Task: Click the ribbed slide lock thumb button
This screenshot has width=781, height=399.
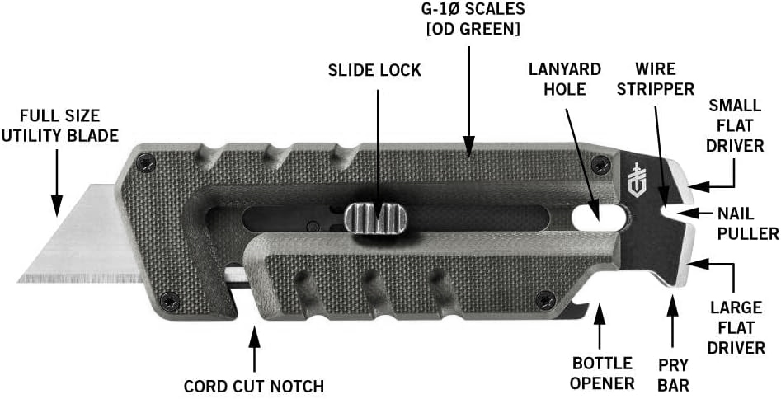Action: coord(375,218)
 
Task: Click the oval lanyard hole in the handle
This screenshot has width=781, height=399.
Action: coord(600,216)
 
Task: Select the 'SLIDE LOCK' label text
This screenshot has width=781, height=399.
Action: coord(374,70)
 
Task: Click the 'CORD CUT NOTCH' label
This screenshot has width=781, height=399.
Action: coord(253,386)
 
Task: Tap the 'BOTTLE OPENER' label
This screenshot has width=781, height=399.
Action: coord(602,373)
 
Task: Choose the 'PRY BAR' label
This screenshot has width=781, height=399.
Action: coord(674,374)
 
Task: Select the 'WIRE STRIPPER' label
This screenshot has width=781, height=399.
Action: coord(655,78)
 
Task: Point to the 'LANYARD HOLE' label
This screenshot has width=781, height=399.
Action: coord(565,78)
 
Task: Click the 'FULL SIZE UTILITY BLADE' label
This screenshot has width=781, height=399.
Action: coord(59,125)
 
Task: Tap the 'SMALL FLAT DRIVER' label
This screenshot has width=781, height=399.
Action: coord(735,125)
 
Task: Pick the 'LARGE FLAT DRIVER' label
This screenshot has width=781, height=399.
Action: coord(736,327)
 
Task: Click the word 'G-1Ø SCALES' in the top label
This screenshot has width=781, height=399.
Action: coord(473,8)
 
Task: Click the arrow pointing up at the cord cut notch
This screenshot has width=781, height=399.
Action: coord(255,350)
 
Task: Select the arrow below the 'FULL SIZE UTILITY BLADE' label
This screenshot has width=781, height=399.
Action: coord(57,183)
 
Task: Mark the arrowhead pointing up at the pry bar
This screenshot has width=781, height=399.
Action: coord(673,304)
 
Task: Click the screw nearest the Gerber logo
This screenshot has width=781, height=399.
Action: coord(602,164)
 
